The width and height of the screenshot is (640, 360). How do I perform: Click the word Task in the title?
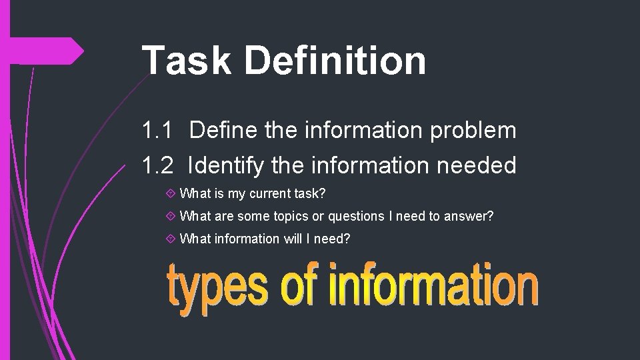tap(185, 60)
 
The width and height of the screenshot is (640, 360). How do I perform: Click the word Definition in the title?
tap(335, 60)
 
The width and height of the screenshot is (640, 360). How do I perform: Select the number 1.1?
tap(157, 131)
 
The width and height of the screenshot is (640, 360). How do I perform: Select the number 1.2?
tap(158, 165)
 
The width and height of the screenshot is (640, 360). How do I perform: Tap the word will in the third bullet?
tap(293, 238)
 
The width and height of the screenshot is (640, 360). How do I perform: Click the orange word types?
tap(219, 288)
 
